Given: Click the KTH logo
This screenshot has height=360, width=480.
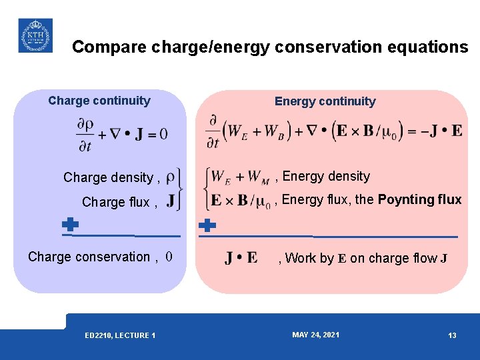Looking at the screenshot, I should [x=35, y=35].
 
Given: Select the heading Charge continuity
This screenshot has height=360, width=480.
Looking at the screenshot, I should [x=99, y=101].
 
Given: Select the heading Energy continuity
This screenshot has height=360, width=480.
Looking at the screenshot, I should [x=325, y=101].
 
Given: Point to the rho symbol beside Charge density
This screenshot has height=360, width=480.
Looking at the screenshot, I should [x=171, y=177].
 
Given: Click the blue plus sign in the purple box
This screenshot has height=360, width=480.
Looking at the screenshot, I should [x=70, y=225].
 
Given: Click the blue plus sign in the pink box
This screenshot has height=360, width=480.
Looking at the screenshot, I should [x=208, y=225].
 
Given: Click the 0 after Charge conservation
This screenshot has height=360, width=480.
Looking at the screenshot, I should [x=169, y=257].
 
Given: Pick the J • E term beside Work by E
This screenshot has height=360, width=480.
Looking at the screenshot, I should [x=241, y=258].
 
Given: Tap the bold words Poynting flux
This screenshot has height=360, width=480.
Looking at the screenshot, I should [x=419, y=199].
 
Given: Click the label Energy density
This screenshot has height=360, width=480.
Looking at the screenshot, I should [x=326, y=176].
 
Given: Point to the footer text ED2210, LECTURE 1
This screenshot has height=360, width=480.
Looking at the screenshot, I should [x=121, y=335].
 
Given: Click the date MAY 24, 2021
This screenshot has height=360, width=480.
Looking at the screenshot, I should [x=315, y=335].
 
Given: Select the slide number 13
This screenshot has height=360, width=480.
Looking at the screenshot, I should [x=452, y=335].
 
